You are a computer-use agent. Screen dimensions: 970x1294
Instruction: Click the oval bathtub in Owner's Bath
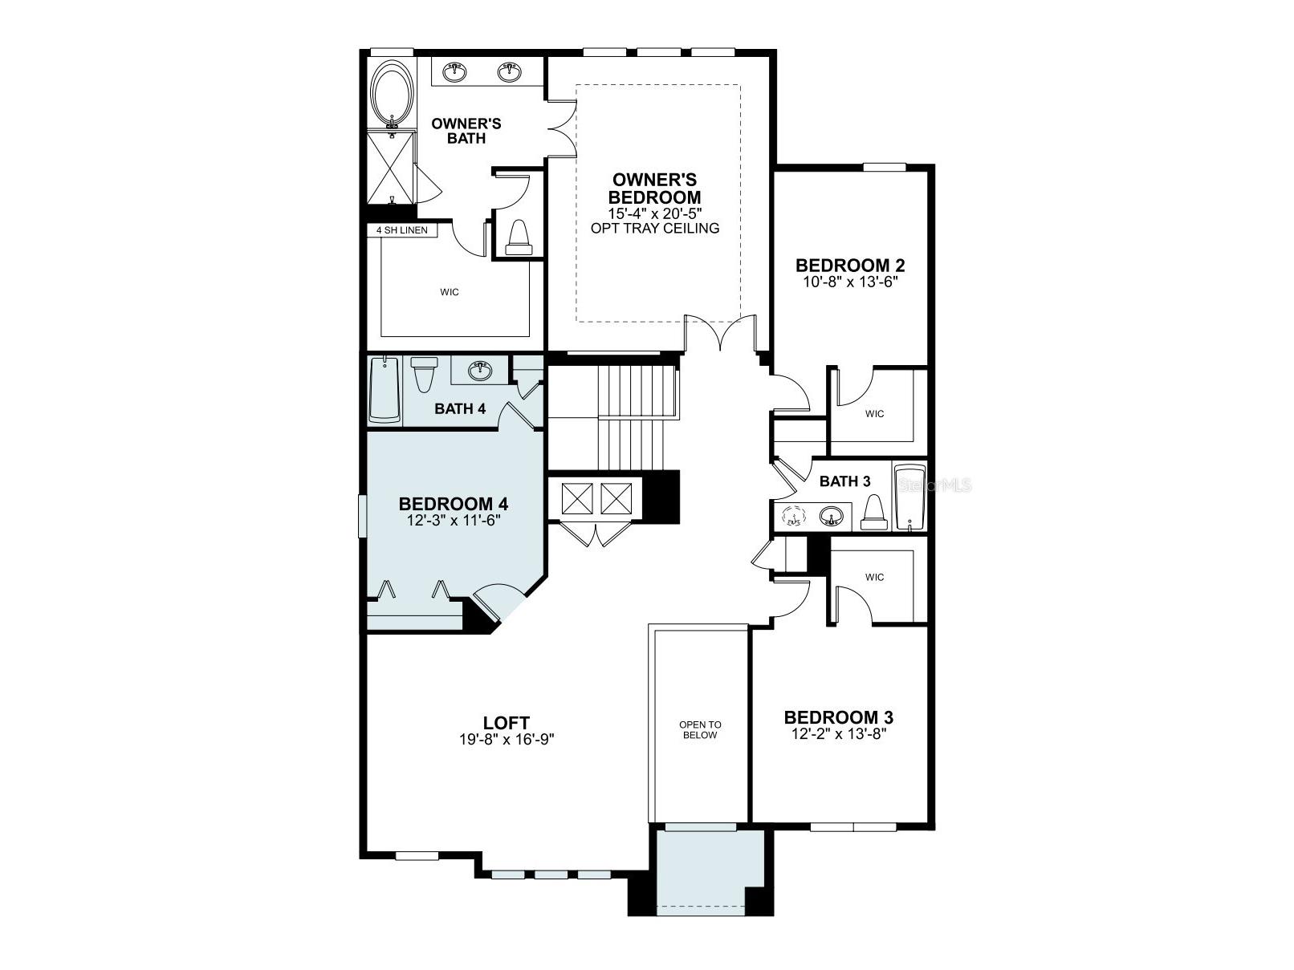click(393, 91)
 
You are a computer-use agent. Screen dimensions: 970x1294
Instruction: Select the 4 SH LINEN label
click(402, 230)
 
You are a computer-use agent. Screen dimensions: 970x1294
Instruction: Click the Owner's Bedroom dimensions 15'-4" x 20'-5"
click(654, 213)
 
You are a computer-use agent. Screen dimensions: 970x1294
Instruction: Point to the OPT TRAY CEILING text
click(654, 228)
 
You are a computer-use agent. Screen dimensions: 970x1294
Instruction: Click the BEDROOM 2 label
click(849, 266)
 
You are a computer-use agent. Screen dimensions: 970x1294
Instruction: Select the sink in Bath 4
click(479, 368)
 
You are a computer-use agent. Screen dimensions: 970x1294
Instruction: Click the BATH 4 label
click(460, 409)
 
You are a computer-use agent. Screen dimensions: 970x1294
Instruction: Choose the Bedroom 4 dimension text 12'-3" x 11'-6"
click(454, 519)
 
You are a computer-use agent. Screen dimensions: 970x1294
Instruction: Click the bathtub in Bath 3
click(909, 497)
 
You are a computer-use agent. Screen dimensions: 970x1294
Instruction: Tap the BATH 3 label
click(844, 481)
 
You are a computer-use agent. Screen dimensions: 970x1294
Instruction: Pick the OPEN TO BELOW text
click(700, 730)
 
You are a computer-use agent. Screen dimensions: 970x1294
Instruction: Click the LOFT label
click(507, 723)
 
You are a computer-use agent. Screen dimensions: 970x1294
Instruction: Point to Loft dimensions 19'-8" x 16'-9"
click(507, 739)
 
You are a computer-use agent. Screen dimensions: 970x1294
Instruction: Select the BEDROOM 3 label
click(838, 717)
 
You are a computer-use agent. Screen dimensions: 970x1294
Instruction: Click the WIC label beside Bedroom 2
click(874, 414)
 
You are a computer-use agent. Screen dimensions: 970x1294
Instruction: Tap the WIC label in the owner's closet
click(450, 292)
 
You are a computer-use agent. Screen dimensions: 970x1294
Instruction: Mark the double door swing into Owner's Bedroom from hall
click(721, 333)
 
